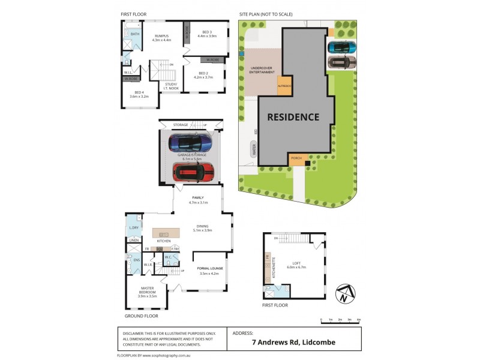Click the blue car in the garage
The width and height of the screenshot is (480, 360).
pyautogui.click(x=190, y=143)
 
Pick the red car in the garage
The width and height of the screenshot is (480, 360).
pyautogui.click(x=194, y=172)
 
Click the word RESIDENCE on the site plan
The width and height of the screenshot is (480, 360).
pyautogui.click(x=293, y=117)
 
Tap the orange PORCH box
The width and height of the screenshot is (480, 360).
pyautogui.click(x=296, y=158)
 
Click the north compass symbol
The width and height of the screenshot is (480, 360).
pyautogui.click(x=344, y=294)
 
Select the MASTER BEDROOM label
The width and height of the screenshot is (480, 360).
pyautogui.click(x=147, y=295)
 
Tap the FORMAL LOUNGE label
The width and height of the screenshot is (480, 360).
pyautogui.click(x=209, y=269)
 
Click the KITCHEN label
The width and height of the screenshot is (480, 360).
pyautogui.click(x=163, y=241)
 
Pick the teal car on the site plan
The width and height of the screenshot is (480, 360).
pyautogui.click(x=342, y=47)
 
